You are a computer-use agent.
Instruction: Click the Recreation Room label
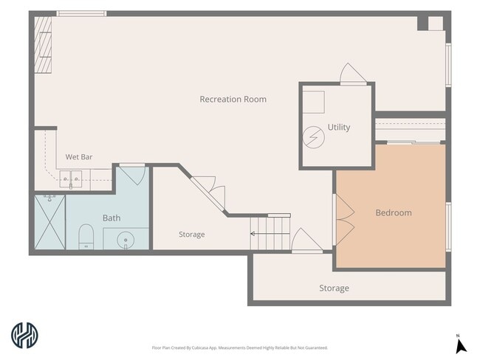tap(233, 99)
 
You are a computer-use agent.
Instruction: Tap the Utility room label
tap(339, 127)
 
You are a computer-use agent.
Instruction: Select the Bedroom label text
tap(394, 212)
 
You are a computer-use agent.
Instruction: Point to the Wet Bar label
tap(79, 157)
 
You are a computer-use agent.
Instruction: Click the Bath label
tap(112, 218)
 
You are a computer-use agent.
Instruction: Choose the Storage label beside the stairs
tap(192, 235)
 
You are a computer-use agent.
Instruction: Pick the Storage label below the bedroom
tap(334, 288)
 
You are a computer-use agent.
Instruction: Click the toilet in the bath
tap(86, 237)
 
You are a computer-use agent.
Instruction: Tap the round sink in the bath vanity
tap(126, 240)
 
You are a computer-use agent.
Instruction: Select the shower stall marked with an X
tap(50, 222)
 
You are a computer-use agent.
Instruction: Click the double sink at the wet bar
tap(71, 179)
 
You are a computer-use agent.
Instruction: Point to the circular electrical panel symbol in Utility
tap(314, 137)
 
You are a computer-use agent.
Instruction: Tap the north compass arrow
tap(460, 347)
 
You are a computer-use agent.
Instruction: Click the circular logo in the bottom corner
tap(24, 335)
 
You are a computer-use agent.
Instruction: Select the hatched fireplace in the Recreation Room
tap(43, 45)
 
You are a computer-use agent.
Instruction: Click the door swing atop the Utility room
tap(353, 74)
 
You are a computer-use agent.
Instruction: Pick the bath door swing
tap(132, 176)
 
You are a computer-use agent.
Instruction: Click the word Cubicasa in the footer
tap(200, 347)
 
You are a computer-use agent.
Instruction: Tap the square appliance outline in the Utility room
tap(313, 102)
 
